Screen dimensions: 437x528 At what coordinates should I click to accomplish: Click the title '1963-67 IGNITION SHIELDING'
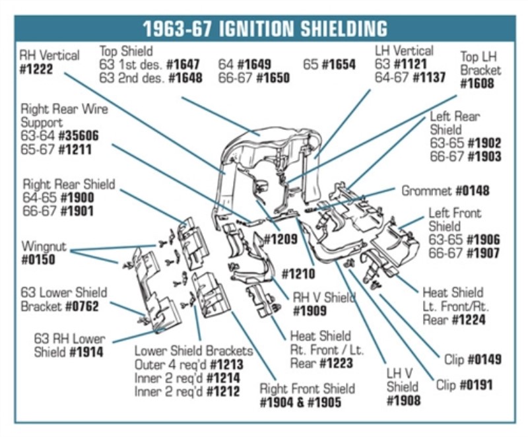pyautogui.click(x=265, y=29)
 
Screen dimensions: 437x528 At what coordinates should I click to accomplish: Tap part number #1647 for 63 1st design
pyautogui.click(x=183, y=64)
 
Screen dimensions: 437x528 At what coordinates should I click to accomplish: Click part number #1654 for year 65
pyautogui.click(x=339, y=65)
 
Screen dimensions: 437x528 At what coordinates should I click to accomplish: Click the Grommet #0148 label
pyautogui.click(x=445, y=191)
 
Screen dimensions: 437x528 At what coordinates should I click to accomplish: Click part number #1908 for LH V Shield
pyautogui.click(x=403, y=400)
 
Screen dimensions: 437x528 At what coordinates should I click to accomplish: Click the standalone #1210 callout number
pyautogui.click(x=298, y=273)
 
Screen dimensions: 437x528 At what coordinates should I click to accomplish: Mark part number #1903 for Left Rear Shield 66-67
pyautogui.click(x=483, y=156)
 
